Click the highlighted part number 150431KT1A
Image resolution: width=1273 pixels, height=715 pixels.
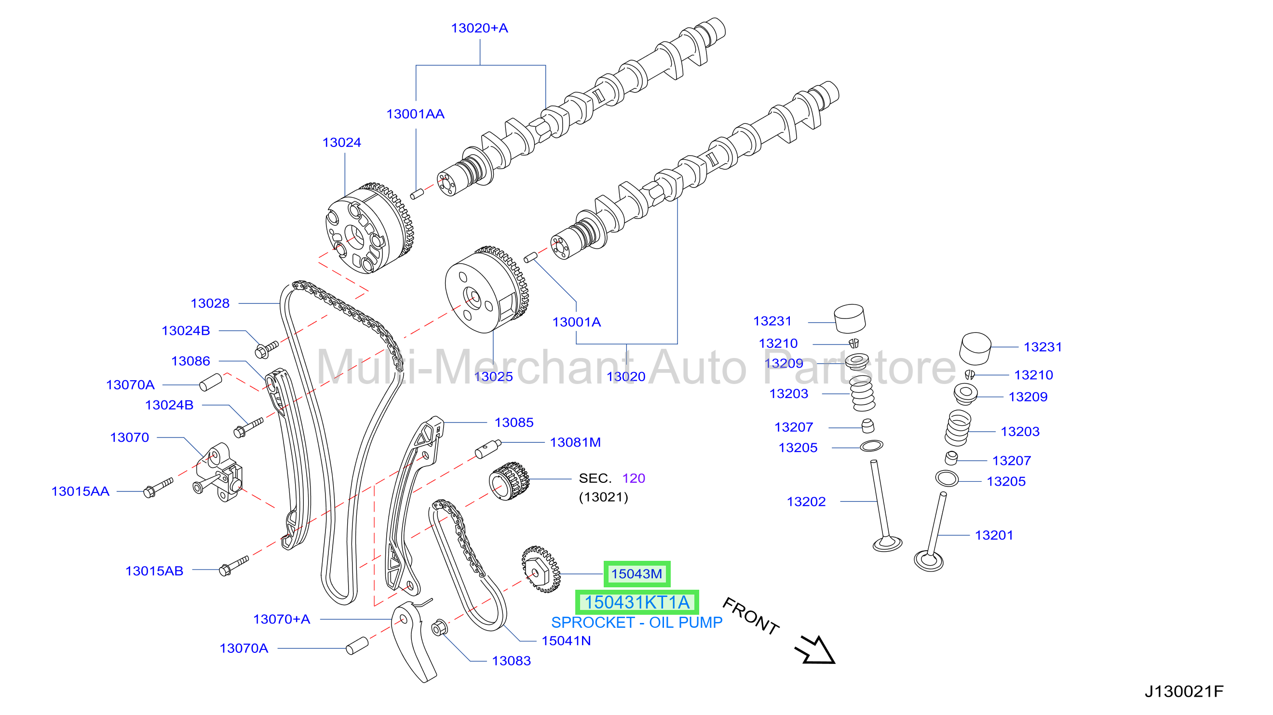click(x=636, y=602)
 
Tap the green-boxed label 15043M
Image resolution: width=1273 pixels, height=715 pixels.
click(x=636, y=574)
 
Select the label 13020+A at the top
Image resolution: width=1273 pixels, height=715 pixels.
click(x=479, y=28)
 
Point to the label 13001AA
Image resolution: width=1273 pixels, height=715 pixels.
click(x=415, y=114)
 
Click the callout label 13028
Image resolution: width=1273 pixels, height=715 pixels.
click(x=210, y=303)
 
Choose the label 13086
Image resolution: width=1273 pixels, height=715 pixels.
click(x=191, y=361)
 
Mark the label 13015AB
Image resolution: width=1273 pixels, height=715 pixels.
click(x=154, y=571)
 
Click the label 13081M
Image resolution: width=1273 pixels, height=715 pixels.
click(x=575, y=442)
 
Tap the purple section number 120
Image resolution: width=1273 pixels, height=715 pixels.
click(x=634, y=478)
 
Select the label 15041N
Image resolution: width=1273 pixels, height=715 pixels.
click(x=566, y=640)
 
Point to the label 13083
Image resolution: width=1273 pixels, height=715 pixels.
click(x=511, y=661)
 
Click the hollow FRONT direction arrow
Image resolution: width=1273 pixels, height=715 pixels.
click(x=816, y=651)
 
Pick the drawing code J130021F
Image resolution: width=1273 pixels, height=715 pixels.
click(x=1184, y=691)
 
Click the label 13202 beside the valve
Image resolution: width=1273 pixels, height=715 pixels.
click(x=806, y=502)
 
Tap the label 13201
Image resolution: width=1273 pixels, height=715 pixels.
click(x=994, y=535)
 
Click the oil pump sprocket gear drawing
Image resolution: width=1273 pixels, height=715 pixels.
click(x=541, y=569)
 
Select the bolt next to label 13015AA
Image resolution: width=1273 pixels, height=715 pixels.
click(x=158, y=488)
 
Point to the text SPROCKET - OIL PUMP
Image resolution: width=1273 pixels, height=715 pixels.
click(x=636, y=622)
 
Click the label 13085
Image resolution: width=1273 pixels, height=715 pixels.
click(x=514, y=423)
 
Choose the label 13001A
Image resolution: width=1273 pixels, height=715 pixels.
click(x=576, y=322)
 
